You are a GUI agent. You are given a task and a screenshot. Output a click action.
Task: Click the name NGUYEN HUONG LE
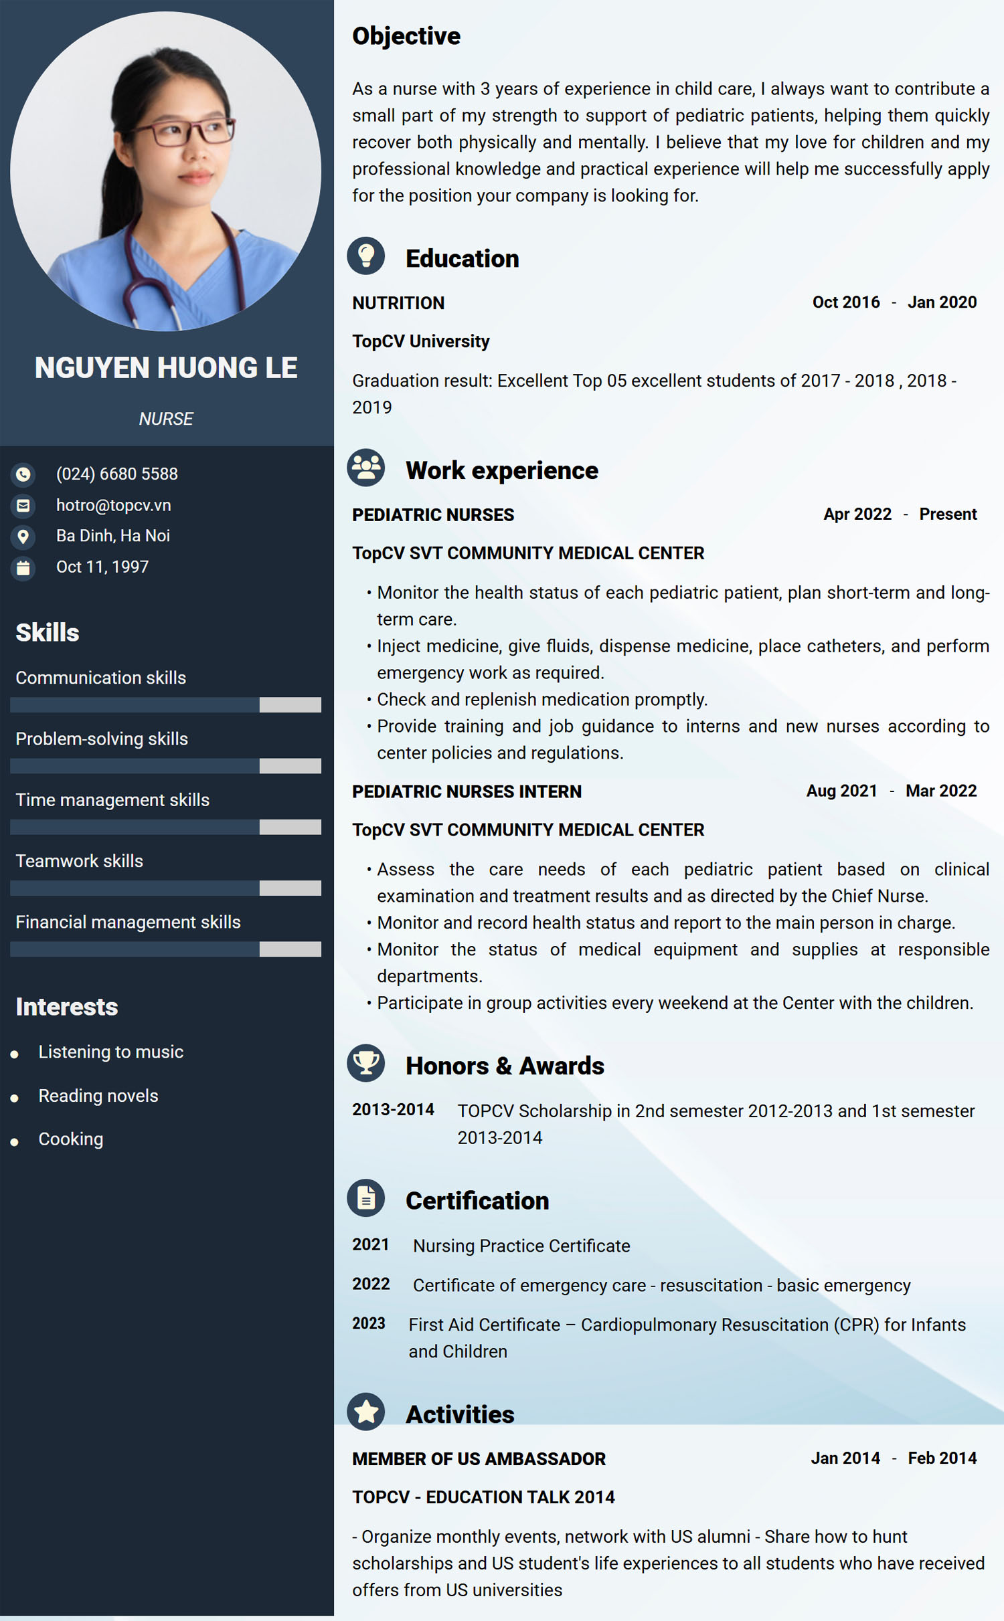pyautogui.click(x=166, y=368)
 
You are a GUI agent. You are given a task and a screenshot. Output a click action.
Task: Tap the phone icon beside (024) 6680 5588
pyautogui.click(x=23, y=474)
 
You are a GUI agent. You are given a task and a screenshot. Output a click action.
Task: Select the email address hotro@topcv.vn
pyautogui.click(x=114, y=505)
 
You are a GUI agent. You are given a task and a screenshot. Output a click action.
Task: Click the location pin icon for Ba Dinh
pyautogui.click(x=23, y=536)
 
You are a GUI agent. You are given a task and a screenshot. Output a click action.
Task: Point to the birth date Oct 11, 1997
pyautogui.click(x=102, y=567)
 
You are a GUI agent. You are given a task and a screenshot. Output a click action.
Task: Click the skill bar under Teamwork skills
pyautogui.click(x=165, y=888)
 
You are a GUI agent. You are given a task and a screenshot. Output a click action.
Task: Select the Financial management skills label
pyautogui.click(x=128, y=922)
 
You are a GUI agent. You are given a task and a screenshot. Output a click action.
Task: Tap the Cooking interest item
pyautogui.click(x=71, y=1139)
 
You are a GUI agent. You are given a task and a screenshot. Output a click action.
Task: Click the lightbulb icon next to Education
pyautogui.click(x=366, y=256)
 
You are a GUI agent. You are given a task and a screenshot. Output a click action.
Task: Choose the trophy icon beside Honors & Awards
pyautogui.click(x=366, y=1062)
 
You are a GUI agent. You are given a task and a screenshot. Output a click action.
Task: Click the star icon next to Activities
pyautogui.click(x=366, y=1412)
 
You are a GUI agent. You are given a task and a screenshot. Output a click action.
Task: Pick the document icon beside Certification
pyautogui.click(x=366, y=1198)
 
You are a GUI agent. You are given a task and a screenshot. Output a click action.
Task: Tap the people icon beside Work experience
pyautogui.click(x=366, y=468)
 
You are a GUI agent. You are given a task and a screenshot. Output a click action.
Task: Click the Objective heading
pyautogui.click(x=406, y=36)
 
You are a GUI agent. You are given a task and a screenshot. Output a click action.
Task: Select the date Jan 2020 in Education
pyautogui.click(x=942, y=302)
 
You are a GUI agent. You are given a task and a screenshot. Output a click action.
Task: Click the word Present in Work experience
pyautogui.click(x=948, y=514)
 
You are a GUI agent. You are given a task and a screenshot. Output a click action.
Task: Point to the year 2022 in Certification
pyautogui.click(x=371, y=1284)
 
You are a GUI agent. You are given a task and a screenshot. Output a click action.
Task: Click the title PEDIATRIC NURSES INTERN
pyautogui.click(x=467, y=791)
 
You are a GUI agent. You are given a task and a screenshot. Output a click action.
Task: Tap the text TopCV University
pyautogui.click(x=421, y=341)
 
